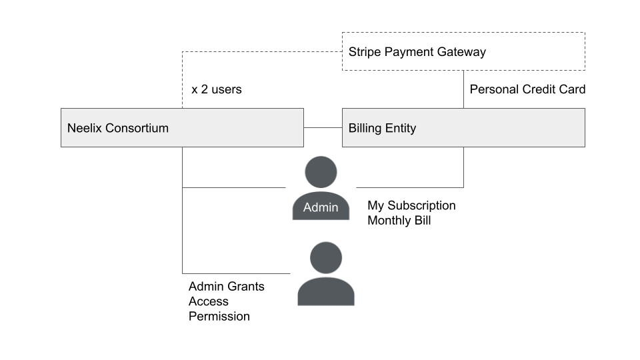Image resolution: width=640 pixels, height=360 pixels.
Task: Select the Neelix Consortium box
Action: [x=182, y=128]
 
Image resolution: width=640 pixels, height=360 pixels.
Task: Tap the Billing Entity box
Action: [x=463, y=128]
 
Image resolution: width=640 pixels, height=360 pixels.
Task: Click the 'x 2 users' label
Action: [x=216, y=89]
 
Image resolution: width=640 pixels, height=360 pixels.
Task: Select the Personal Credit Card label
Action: [x=527, y=89]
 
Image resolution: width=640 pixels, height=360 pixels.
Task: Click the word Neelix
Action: [x=85, y=128]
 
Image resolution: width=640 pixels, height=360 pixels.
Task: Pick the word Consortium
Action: [x=137, y=128]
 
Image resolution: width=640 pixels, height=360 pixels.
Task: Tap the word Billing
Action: [x=365, y=128]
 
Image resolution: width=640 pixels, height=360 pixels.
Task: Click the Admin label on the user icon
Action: [x=321, y=207]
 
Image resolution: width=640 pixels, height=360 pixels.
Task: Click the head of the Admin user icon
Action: [x=321, y=172]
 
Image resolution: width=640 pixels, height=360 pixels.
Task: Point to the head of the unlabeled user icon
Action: [x=326, y=258]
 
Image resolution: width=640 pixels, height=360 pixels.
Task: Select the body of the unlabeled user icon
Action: [x=326, y=291]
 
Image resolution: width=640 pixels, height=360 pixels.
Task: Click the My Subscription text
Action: [x=411, y=206]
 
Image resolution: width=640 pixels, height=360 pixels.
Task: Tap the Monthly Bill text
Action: [x=399, y=221]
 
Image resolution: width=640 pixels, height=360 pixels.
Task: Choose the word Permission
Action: [x=219, y=316]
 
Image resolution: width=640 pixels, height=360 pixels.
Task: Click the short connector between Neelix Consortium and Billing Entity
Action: [x=323, y=128]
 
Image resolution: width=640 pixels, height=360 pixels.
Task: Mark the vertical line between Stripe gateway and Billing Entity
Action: [x=464, y=89]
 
